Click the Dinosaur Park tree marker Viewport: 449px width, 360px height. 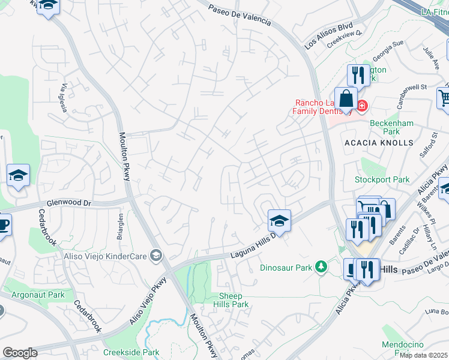[322, 267]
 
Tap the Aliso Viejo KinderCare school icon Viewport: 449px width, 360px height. [156, 256]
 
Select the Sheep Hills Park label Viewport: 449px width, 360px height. [234, 300]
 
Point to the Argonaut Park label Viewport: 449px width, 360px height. [38, 295]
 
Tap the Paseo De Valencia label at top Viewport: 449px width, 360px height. [240, 15]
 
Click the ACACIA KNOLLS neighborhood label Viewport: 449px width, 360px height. [379, 143]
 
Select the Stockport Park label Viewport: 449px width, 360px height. [382, 179]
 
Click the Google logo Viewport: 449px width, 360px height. [20, 353]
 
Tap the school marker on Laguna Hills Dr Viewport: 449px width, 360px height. [279, 220]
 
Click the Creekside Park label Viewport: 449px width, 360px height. [131, 352]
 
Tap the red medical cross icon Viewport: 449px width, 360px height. [361, 106]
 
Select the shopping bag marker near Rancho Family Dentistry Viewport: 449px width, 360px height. [346, 98]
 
